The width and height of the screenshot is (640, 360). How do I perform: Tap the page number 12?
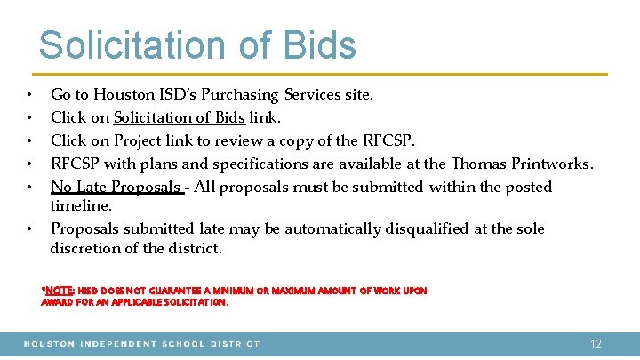596,343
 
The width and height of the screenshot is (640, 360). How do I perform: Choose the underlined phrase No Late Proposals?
116,187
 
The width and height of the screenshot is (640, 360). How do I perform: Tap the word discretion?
86,248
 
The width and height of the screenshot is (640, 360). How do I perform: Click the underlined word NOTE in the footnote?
58,291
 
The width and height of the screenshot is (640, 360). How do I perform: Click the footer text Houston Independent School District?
142,343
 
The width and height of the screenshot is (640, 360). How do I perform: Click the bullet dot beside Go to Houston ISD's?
30,95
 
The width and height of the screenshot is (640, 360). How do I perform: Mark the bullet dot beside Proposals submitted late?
30,229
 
